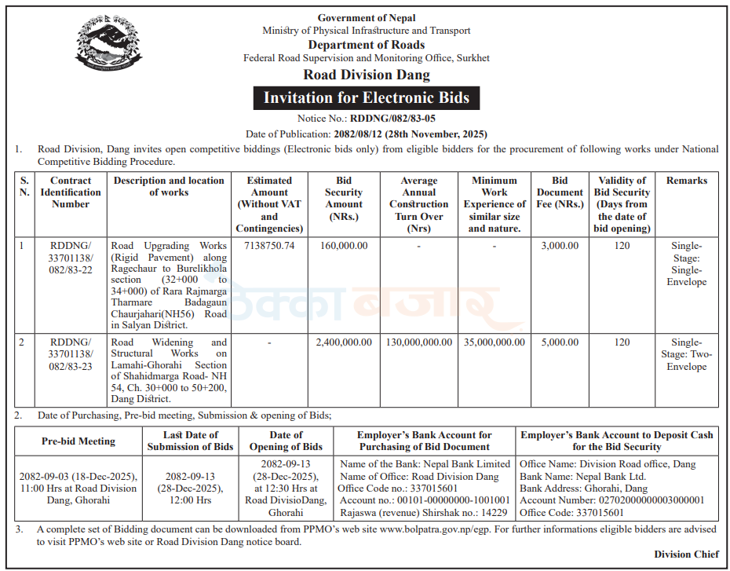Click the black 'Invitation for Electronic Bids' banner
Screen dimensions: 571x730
(366, 98)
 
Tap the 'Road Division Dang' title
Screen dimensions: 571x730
(366, 75)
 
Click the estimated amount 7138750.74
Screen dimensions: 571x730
(269, 246)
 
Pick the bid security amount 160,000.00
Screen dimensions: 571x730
(344, 246)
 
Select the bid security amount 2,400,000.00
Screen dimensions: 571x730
(344, 342)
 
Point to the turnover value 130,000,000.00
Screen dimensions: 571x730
(419, 342)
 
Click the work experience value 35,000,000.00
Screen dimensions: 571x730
(495, 342)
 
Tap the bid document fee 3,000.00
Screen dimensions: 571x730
(560, 246)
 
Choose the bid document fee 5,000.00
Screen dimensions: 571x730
(560, 342)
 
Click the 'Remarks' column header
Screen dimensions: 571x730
(687, 181)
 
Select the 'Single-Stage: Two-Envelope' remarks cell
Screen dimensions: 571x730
(687, 354)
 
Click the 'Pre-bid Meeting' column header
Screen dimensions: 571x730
(78, 441)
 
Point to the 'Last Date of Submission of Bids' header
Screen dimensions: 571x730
(191, 441)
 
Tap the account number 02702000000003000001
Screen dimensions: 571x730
(612, 500)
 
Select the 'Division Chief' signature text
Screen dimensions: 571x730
(686, 555)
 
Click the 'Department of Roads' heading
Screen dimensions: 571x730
(366, 45)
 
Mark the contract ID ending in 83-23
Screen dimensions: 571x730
(71, 354)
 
